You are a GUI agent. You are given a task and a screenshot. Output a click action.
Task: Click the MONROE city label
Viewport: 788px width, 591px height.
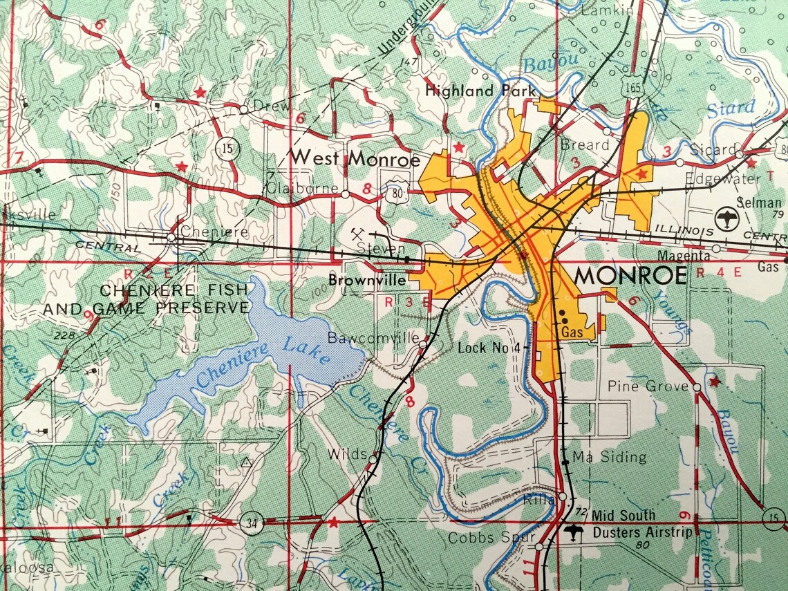pos(631,276)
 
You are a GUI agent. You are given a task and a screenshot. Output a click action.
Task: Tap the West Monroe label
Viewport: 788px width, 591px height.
pos(355,158)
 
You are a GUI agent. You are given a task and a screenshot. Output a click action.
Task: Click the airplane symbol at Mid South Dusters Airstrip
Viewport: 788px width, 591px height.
pos(572,532)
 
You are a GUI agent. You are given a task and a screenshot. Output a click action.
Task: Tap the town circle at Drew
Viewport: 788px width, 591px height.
pos(243,109)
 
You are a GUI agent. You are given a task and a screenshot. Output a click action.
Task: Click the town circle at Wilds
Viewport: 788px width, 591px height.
pos(373,458)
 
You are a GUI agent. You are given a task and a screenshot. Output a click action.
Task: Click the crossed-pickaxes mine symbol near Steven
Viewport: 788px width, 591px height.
pos(359,233)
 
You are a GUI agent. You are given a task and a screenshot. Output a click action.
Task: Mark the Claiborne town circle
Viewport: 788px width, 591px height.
pos(346,195)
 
